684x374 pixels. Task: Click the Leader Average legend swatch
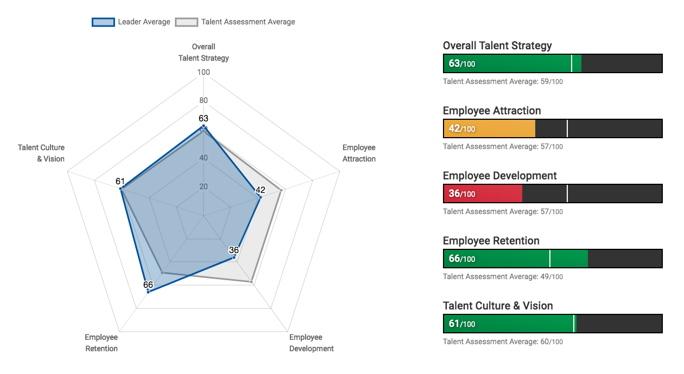[x=103, y=22]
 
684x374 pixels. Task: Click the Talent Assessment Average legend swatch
[x=186, y=22]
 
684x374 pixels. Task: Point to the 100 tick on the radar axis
[x=204, y=72]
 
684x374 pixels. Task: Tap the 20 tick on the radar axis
[x=204, y=186]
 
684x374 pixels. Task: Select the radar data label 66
[x=148, y=285]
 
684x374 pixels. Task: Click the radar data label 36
[x=234, y=250]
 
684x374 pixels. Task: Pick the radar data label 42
[x=261, y=190]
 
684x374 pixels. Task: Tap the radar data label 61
[x=121, y=181]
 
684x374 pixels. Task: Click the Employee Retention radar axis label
[x=102, y=343]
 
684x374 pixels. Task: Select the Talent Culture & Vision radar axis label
[x=41, y=153]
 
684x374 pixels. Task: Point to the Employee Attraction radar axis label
[x=359, y=153]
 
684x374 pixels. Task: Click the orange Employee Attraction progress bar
[x=489, y=128]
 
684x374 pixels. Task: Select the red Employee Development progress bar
[x=483, y=194]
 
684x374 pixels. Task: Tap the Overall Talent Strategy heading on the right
[x=497, y=46]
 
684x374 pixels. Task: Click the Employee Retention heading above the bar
[x=491, y=241]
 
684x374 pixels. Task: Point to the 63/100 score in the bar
[x=462, y=63]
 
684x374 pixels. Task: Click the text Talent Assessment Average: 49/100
[x=503, y=276]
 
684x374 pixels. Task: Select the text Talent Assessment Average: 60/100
[x=503, y=341]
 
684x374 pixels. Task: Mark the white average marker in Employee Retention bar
[x=550, y=259]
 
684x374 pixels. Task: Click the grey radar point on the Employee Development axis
[x=252, y=282]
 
